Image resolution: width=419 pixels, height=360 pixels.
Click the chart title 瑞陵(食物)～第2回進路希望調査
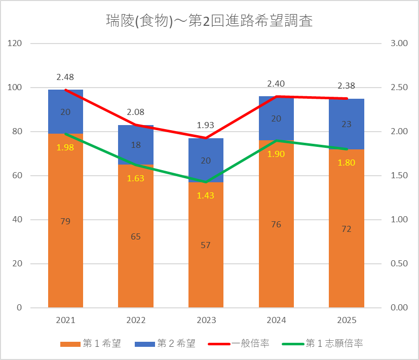pyautogui.click(x=209, y=21)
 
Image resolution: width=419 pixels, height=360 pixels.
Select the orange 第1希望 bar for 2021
pyautogui.click(x=65, y=220)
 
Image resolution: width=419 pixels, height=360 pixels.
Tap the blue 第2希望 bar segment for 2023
pyautogui.click(x=206, y=160)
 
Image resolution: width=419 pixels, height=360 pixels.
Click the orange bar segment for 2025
pyautogui.click(x=347, y=228)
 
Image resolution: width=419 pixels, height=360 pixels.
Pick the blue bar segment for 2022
pyautogui.click(x=136, y=145)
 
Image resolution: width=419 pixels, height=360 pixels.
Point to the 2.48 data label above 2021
pyautogui.click(x=65, y=77)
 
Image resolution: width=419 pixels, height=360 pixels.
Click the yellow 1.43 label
pyautogui.click(x=206, y=195)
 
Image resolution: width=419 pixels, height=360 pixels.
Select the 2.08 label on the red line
pyautogui.click(x=135, y=112)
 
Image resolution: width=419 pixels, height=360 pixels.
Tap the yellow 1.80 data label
pyautogui.click(x=347, y=163)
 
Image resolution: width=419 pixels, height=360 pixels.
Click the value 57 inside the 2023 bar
pyautogui.click(x=206, y=245)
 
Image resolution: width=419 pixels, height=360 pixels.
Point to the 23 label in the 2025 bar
pyautogui.click(x=347, y=124)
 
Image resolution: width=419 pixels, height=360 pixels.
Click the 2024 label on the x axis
pyautogui.click(x=276, y=320)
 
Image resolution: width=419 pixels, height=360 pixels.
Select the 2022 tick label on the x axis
pyautogui.click(x=136, y=320)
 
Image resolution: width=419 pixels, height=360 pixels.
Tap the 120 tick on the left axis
pyautogui.click(x=14, y=43)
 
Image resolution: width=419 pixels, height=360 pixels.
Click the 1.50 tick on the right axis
pyautogui.click(x=399, y=176)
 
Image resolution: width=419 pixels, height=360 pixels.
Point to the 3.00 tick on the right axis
pyautogui.click(x=399, y=43)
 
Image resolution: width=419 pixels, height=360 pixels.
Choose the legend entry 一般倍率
pyautogui.click(x=238, y=343)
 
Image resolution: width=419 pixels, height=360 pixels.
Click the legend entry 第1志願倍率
pyautogui.click(x=323, y=343)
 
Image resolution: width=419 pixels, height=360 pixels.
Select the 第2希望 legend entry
pyautogui.click(x=165, y=343)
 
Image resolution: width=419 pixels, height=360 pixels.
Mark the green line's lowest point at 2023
pyautogui.click(x=206, y=182)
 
